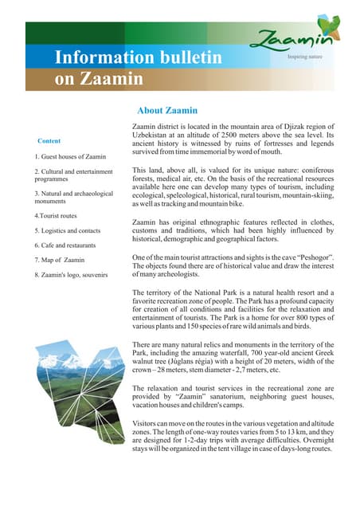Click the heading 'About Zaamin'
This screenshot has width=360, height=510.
(x=167, y=111)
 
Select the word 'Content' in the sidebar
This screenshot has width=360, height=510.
(x=49, y=141)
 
